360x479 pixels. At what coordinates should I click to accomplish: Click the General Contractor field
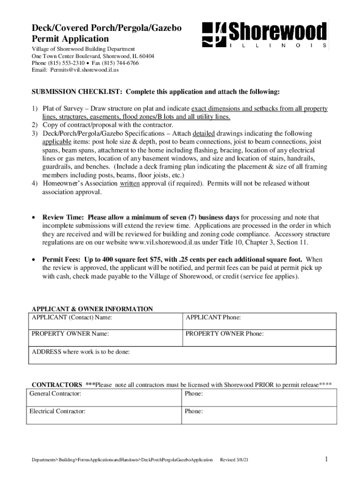point(103,398)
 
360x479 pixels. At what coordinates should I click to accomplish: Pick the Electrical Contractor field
point(103,415)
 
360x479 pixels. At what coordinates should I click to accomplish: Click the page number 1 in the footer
point(326,460)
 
